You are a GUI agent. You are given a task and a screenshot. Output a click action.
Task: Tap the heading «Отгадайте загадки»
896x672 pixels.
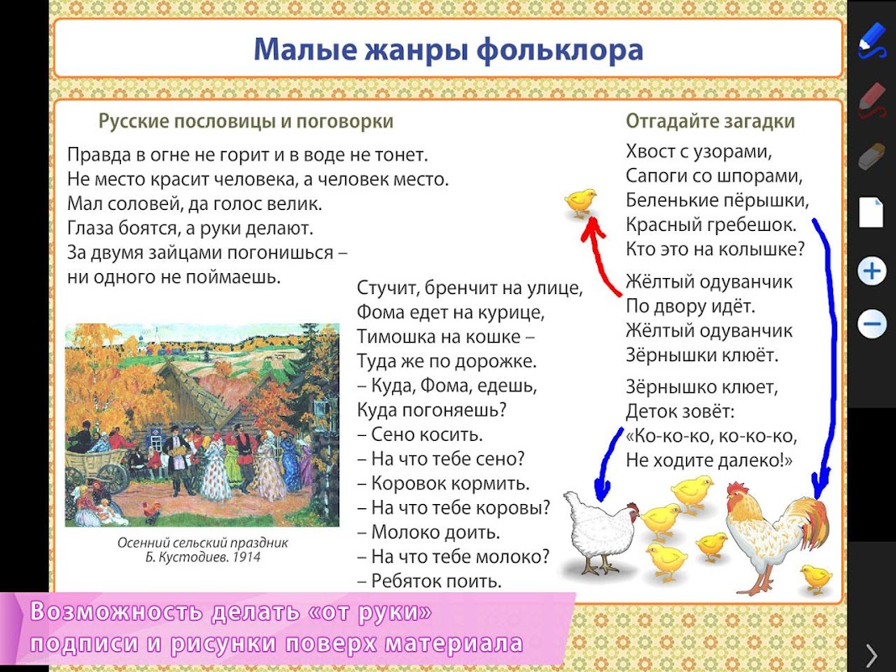(710, 121)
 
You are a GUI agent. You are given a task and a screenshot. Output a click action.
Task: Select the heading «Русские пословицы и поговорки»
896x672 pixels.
(246, 121)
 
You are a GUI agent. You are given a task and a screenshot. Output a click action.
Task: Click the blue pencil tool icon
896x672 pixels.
(872, 39)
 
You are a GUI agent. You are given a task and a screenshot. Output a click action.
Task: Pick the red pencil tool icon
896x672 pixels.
(872, 99)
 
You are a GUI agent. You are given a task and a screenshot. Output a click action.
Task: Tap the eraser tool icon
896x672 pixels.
(872, 155)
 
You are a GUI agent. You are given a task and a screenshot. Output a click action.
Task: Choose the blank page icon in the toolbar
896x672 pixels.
(872, 213)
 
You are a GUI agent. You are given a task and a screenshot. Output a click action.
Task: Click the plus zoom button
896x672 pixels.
(872, 270)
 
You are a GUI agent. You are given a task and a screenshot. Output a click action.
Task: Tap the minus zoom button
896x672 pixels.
(872, 324)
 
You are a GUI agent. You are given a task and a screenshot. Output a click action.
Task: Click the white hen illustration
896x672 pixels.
(601, 533)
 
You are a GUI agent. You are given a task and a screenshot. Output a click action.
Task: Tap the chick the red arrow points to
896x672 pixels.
(580, 202)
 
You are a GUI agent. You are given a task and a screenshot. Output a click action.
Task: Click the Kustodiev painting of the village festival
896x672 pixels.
(202, 424)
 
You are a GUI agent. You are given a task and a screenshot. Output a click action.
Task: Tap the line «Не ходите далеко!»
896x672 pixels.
(709, 460)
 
